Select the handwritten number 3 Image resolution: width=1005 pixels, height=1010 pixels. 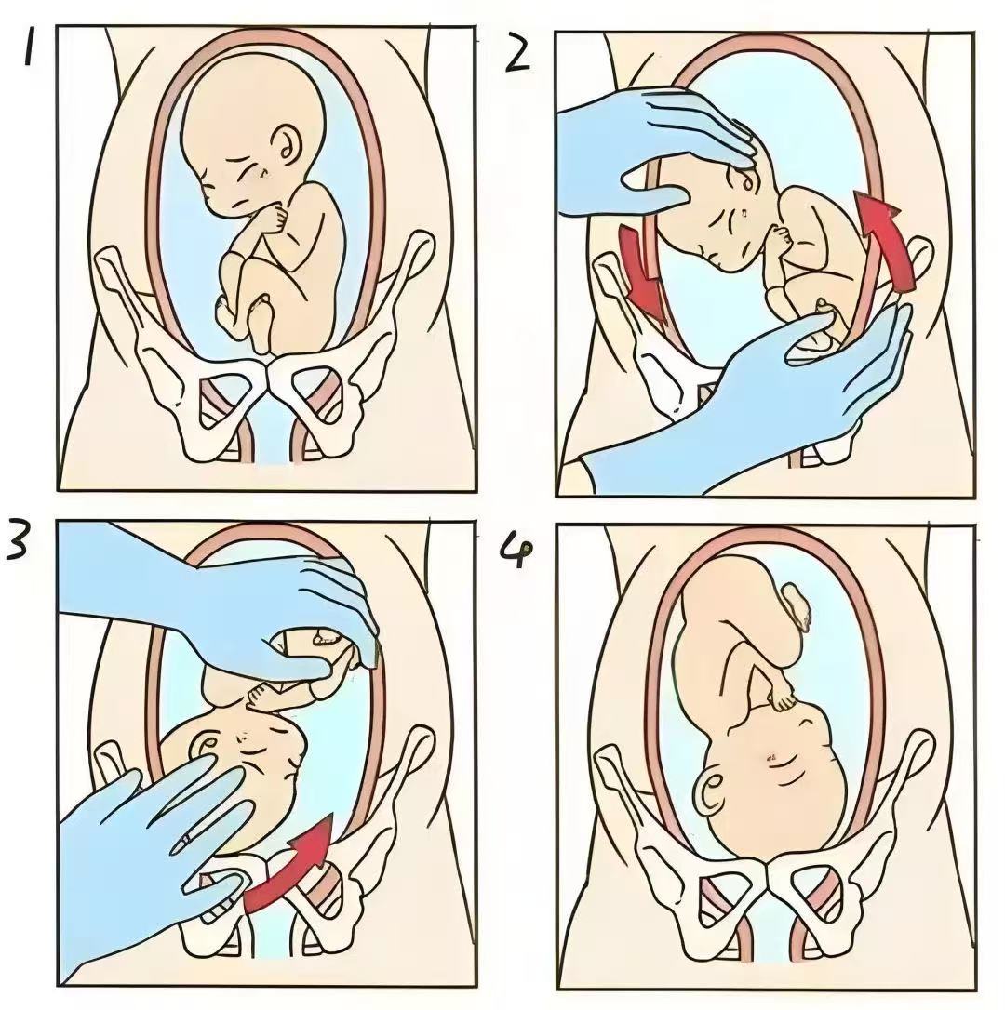coord(18,539)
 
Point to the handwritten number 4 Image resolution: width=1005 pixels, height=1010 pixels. coord(517,552)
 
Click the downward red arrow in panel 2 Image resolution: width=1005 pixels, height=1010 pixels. coord(641,273)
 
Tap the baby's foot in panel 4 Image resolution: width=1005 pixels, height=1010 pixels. coord(797,605)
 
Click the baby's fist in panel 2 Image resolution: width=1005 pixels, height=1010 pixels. coord(780,238)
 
